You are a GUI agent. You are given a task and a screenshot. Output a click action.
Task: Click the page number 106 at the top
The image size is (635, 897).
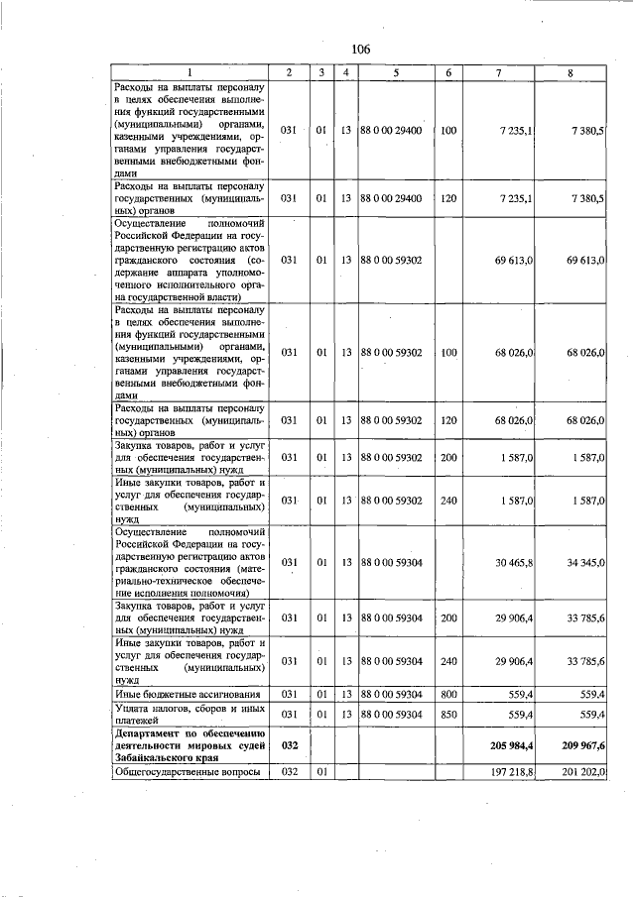click(x=360, y=50)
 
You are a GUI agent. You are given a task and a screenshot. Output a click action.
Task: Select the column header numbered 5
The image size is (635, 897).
click(x=395, y=72)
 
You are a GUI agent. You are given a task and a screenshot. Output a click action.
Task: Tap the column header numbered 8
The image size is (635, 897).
click(x=570, y=72)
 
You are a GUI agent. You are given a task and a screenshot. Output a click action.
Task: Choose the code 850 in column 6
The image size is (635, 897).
click(x=448, y=713)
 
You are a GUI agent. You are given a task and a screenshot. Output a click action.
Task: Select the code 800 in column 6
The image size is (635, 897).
click(x=448, y=693)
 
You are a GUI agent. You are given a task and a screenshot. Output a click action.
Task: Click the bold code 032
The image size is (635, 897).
click(x=289, y=743)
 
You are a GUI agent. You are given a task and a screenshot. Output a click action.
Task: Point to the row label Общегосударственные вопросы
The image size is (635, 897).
click(x=188, y=771)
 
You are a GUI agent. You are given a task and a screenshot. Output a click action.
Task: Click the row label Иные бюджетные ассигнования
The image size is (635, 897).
click(x=189, y=693)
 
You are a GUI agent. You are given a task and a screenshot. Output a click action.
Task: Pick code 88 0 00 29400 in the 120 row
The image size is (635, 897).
click(x=394, y=199)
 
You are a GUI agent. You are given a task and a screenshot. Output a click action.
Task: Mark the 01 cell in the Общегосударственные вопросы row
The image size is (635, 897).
click(x=321, y=771)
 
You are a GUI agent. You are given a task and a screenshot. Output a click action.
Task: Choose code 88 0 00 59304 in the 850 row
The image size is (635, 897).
click(x=394, y=713)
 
